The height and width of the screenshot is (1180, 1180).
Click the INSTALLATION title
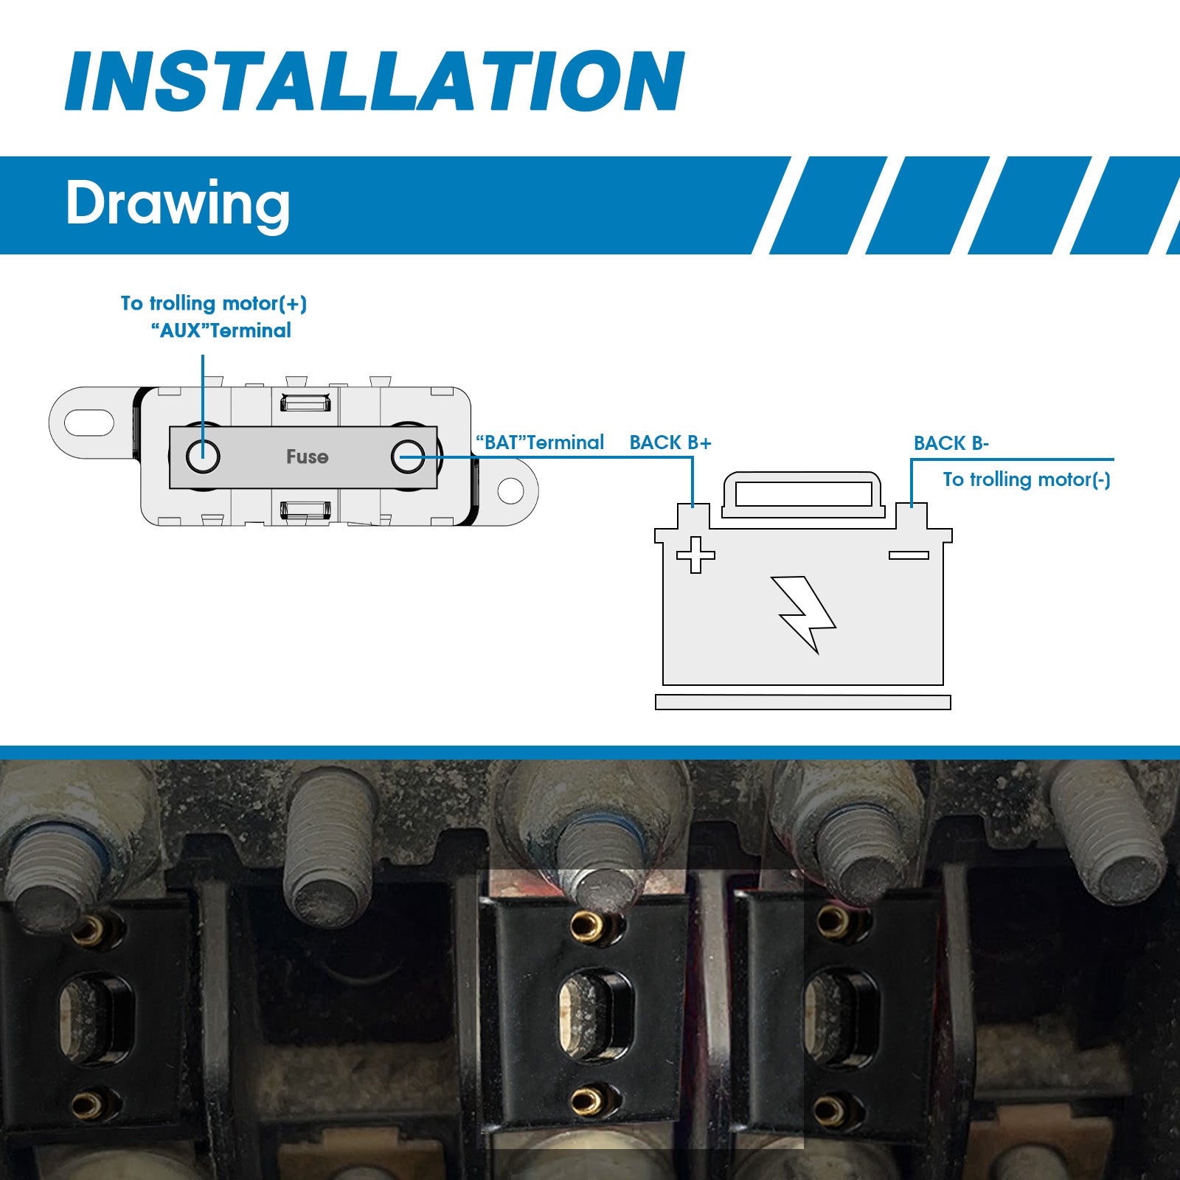[375, 80]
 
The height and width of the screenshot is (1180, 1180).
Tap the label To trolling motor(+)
[214, 303]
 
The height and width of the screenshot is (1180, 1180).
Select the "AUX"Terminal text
[221, 330]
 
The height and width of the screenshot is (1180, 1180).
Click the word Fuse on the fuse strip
[307, 457]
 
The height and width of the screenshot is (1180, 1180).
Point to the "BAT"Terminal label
[540, 442]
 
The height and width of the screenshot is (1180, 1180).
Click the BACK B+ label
[670, 442]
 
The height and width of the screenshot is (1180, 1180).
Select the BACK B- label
[951, 443]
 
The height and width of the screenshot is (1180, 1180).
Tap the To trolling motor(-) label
[1027, 479]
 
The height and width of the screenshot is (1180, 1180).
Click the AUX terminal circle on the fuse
[203, 457]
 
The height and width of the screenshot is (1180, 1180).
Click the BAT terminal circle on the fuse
[408, 457]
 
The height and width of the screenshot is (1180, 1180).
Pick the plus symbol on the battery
[695, 555]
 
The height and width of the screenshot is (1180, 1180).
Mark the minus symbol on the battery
[909, 555]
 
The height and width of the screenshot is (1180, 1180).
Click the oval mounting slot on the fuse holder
[89, 423]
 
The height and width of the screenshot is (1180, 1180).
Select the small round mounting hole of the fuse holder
[510, 490]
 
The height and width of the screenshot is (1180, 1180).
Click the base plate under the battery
[803, 702]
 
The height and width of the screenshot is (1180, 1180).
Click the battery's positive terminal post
[693, 516]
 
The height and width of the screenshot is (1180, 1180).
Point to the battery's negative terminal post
[912, 516]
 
